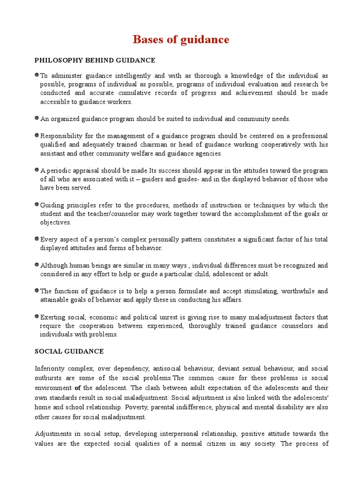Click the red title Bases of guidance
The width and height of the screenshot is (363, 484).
click(x=181, y=40)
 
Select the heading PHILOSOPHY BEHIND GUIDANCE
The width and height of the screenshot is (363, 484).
click(x=95, y=60)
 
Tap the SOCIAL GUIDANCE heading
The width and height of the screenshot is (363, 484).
click(x=69, y=352)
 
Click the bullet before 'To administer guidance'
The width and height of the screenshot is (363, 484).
click(x=37, y=75)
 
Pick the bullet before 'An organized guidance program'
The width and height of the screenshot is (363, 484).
click(x=37, y=118)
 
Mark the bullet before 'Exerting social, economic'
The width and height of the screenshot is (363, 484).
click(x=37, y=316)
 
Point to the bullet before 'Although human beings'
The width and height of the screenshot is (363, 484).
click(x=37, y=265)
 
